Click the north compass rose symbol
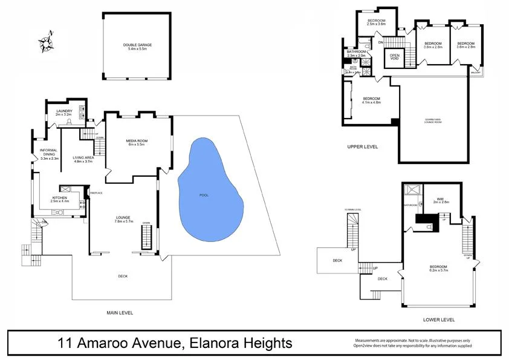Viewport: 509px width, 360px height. (x=47, y=42)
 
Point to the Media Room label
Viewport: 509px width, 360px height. (x=137, y=143)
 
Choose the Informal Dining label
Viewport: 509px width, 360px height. (x=49, y=155)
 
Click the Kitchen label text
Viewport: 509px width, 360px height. (x=60, y=199)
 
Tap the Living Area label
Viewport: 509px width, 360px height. (x=83, y=160)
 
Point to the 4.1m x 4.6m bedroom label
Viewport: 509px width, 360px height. (x=371, y=100)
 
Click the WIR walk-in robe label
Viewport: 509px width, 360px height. (x=441, y=201)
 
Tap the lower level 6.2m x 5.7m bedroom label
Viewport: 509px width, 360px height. (x=438, y=269)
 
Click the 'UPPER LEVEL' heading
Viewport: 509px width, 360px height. (x=362, y=146)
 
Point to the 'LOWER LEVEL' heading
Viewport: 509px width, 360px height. (x=439, y=319)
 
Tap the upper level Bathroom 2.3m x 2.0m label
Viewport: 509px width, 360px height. (x=356, y=54)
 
